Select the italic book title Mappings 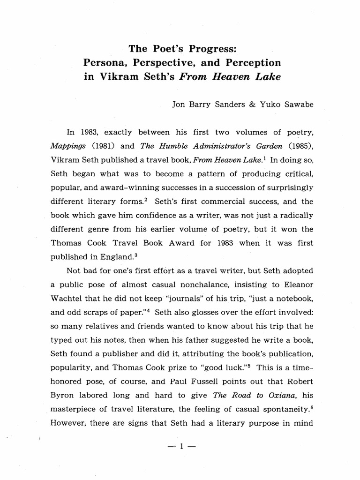tap(67, 146)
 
